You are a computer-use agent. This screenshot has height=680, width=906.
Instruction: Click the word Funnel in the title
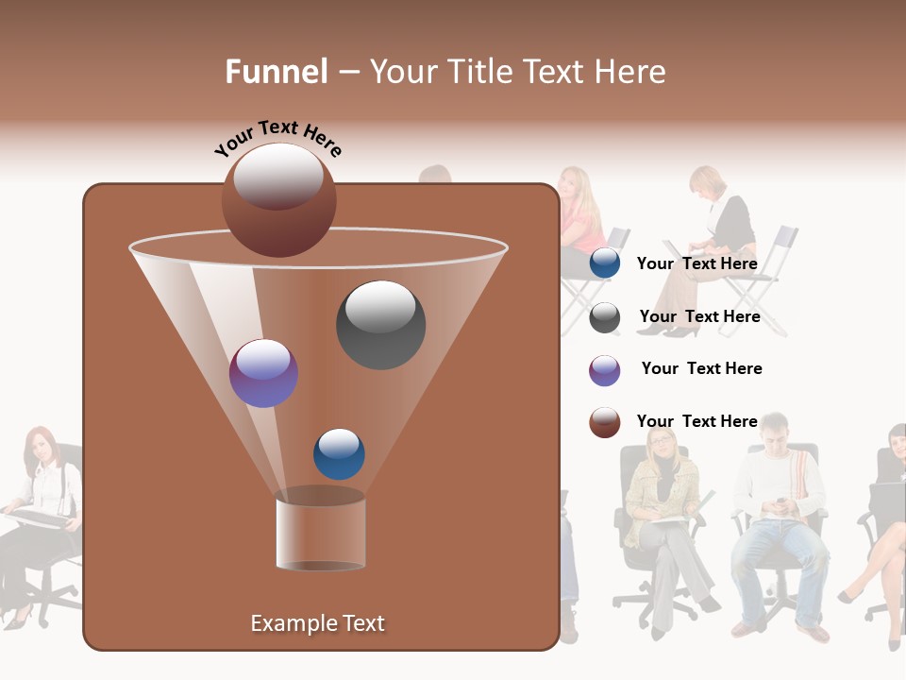[276, 72]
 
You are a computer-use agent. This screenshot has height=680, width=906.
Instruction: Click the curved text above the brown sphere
[278, 138]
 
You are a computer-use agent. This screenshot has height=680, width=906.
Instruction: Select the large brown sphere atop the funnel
[279, 200]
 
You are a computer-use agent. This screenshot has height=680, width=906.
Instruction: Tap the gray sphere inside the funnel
[380, 325]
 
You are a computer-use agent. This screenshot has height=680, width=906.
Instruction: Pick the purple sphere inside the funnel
[263, 373]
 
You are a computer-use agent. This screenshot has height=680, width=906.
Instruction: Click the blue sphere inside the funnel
[339, 453]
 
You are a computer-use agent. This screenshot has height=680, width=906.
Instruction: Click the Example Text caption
[317, 623]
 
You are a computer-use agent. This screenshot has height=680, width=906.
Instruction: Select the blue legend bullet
[605, 263]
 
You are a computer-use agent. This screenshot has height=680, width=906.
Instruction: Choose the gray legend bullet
[605, 317]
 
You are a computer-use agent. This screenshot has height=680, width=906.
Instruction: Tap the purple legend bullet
[605, 370]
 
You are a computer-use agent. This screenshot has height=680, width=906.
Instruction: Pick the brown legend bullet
[605, 423]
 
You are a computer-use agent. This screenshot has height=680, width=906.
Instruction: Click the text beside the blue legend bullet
[696, 263]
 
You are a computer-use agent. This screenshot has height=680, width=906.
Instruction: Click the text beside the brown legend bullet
[696, 421]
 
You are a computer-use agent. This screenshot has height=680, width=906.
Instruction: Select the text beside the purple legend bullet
[701, 368]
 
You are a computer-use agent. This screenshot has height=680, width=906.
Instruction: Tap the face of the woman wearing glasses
[663, 443]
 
